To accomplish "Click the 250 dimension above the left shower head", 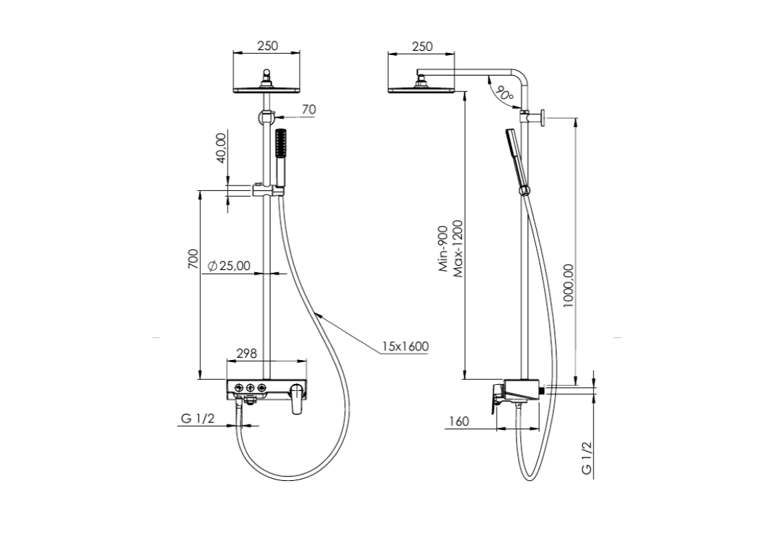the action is coord(267,45).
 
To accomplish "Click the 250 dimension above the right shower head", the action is coord(422,47).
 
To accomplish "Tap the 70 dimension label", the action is coord(308,109).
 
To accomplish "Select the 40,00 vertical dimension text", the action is coord(221,147).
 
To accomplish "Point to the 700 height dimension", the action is coord(193,259).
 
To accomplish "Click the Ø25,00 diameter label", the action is coord(229,266).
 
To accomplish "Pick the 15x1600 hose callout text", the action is coord(405,346).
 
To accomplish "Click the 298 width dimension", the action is coord(247,353).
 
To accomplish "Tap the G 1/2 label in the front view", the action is coord(198,418).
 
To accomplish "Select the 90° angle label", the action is coord(504,93).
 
